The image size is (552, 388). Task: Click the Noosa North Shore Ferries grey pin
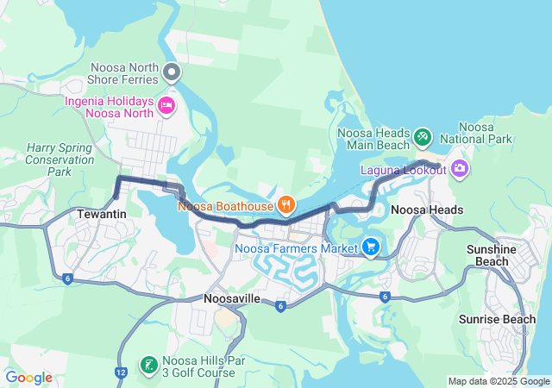tap(172, 72)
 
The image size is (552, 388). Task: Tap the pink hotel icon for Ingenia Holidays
tap(166, 106)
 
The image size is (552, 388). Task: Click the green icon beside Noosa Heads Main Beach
tap(422, 135)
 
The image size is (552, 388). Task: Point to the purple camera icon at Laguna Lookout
tap(459, 168)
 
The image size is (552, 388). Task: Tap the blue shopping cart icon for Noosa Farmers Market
tap(371, 247)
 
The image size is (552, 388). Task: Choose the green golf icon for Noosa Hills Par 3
tap(148, 365)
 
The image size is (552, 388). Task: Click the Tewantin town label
tap(101, 213)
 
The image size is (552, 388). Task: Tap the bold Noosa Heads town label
tap(427, 210)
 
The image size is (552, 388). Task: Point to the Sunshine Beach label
tap(492, 254)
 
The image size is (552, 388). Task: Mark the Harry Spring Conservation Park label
tap(60, 160)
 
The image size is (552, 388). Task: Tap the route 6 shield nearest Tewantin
tap(66, 278)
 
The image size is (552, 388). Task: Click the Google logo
tap(28, 378)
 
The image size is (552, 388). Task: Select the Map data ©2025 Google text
tap(499, 381)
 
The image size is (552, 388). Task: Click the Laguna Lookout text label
tap(404, 170)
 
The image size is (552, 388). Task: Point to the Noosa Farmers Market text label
tap(296, 249)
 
